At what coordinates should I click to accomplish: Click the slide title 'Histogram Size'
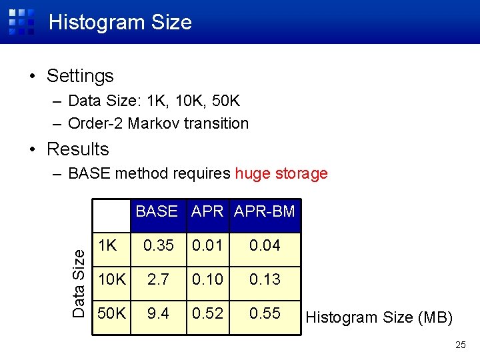(120, 22)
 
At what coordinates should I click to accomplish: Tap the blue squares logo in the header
(21, 21)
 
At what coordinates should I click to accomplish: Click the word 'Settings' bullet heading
(80, 76)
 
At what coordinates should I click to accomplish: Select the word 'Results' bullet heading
(77, 149)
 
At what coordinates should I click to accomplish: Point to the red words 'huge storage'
(281, 174)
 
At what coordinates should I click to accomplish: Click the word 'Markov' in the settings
(153, 123)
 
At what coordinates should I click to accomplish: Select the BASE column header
(157, 211)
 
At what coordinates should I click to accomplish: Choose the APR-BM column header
(265, 211)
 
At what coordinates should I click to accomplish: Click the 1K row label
(109, 245)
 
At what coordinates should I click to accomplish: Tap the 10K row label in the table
(111, 279)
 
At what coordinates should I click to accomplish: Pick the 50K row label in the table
(111, 313)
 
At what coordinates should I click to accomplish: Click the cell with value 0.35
(158, 245)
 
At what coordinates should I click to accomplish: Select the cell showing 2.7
(158, 279)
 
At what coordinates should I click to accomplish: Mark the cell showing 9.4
(158, 313)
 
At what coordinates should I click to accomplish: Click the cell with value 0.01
(207, 245)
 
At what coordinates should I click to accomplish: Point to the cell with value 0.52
(207, 313)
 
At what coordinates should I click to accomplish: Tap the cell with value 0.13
(265, 279)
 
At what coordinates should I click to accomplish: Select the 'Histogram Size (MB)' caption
(379, 317)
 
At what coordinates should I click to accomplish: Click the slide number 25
(460, 345)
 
